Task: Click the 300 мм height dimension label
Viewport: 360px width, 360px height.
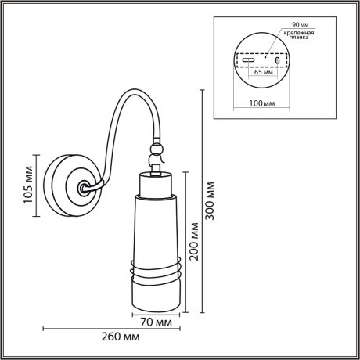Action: [211, 201]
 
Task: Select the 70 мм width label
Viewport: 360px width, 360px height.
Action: [157, 322]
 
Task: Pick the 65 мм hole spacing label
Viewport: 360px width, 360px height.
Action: [261, 80]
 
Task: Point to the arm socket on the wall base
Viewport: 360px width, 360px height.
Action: [82, 188]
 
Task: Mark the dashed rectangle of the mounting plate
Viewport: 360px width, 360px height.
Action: [261, 59]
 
